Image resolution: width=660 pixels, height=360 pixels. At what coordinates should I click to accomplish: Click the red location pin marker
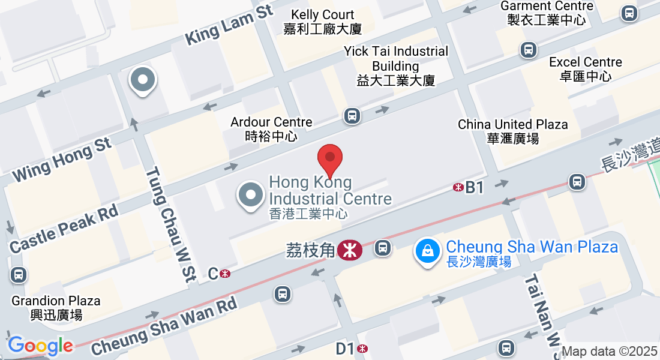click(329, 160)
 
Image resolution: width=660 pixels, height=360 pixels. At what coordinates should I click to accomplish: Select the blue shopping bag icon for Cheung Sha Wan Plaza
click(428, 252)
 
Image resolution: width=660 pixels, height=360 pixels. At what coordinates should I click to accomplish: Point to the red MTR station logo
click(349, 250)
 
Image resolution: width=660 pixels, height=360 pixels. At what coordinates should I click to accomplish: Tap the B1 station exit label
click(474, 188)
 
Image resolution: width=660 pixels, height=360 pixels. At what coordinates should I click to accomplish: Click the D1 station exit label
click(346, 349)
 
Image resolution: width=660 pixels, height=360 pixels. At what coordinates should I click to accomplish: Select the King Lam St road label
click(229, 26)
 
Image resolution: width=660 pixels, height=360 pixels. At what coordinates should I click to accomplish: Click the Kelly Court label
click(323, 15)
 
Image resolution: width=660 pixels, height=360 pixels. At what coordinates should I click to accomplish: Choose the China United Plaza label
click(512, 125)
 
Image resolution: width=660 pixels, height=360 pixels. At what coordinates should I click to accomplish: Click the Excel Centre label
click(585, 62)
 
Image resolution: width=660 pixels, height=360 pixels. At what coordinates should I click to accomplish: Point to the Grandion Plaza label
click(56, 301)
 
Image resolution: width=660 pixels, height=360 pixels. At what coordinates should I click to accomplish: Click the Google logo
click(40, 346)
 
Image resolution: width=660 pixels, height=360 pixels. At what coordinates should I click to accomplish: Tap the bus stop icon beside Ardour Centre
click(352, 115)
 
